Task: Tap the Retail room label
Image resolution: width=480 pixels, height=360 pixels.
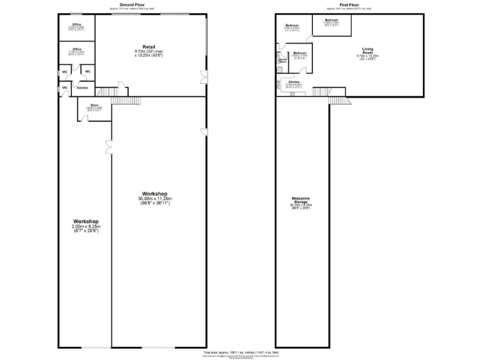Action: click(149, 47)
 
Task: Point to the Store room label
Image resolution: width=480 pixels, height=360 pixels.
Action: click(94, 105)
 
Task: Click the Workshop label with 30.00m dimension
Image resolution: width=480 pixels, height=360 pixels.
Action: click(156, 194)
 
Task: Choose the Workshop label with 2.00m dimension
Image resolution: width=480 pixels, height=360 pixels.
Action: click(86, 222)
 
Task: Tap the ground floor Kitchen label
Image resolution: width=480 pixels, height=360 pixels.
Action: click(82, 88)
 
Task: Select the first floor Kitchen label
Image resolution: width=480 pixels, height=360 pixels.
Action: click(294, 82)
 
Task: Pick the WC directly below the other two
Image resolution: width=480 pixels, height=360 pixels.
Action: click(64, 87)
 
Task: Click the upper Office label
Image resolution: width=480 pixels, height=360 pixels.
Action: click(76, 24)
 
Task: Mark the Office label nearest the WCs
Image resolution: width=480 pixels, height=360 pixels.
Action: click(76, 49)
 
